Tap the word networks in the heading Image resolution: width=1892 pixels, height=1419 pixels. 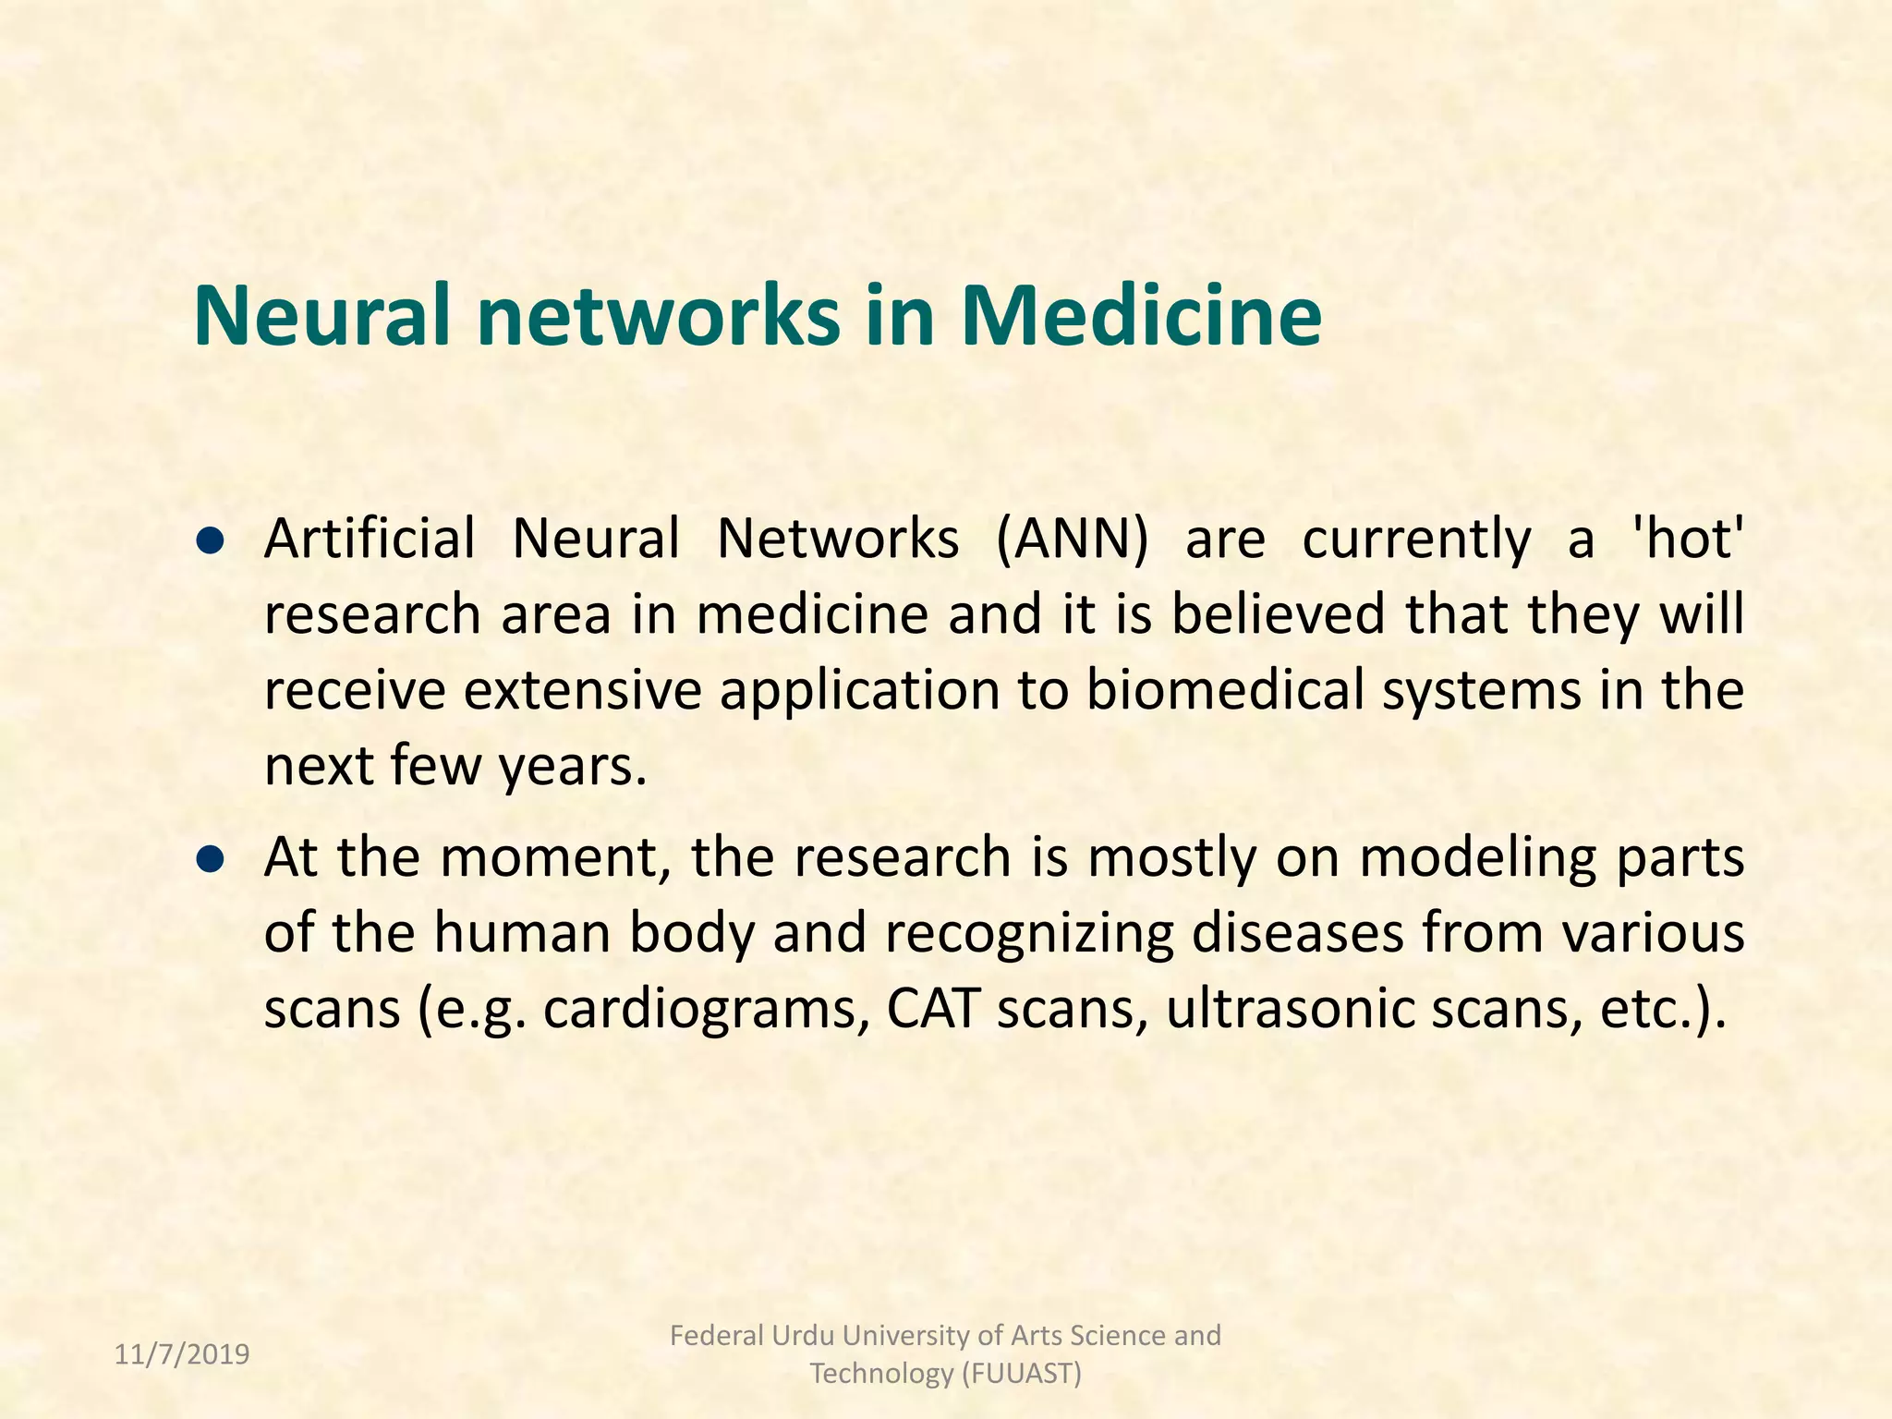658,315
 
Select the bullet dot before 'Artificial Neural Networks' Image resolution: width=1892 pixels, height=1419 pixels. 212,541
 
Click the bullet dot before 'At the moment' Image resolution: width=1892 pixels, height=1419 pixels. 212,860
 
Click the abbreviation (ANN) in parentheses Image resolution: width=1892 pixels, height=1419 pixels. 1072,539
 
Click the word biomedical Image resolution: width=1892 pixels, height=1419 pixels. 1225,690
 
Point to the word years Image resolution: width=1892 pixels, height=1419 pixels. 573,767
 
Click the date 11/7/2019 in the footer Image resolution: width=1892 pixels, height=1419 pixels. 182,1354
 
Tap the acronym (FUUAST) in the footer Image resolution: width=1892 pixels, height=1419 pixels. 1021,1374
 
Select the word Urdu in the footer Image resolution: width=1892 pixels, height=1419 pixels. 800,1336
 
